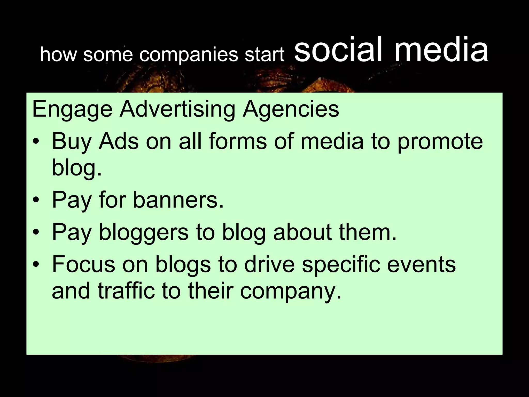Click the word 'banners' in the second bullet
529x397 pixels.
coord(178,200)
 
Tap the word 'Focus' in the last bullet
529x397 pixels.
coord(83,264)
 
